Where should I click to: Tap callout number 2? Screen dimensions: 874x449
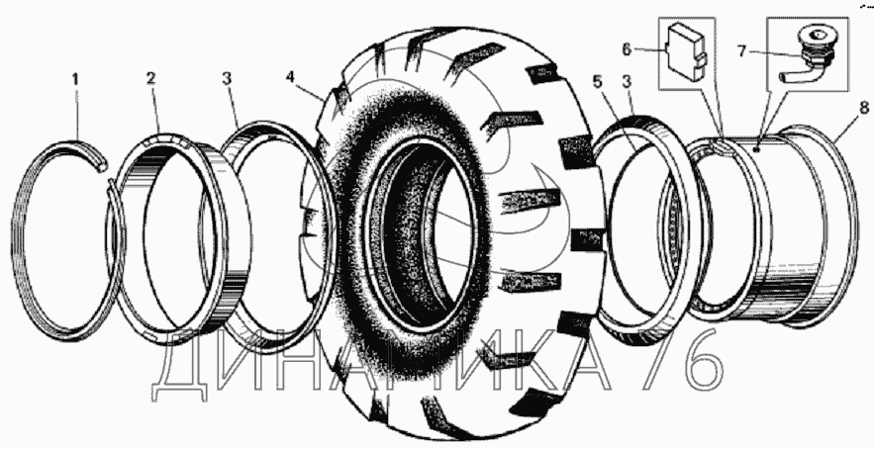coord(151,76)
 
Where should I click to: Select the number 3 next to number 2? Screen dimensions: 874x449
coord(228,76)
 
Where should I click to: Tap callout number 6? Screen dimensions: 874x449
coord(626,48)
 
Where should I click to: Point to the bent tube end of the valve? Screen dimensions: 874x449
coord(789,73)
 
